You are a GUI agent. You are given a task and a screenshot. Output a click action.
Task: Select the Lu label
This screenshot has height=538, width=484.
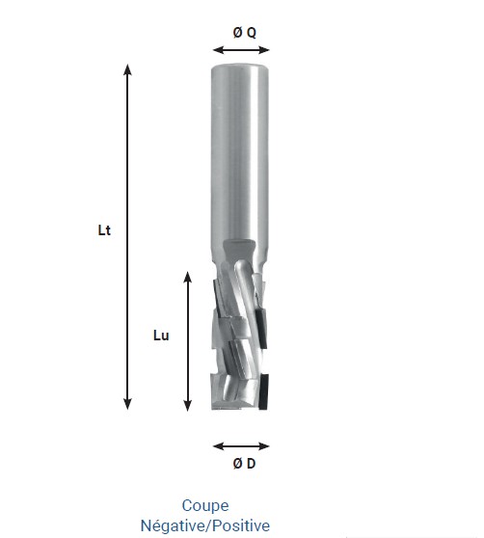162,336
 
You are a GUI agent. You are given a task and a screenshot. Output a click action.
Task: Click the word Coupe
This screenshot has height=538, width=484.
205,505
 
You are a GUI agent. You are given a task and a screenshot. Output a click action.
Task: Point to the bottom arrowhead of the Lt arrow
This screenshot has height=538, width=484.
127,406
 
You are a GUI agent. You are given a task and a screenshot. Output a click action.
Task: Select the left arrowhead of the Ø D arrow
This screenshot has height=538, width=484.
217,446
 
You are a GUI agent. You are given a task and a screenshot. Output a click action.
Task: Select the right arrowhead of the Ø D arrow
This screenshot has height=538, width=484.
267,446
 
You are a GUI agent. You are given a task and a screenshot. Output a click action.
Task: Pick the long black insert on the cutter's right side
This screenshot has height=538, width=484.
262,309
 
